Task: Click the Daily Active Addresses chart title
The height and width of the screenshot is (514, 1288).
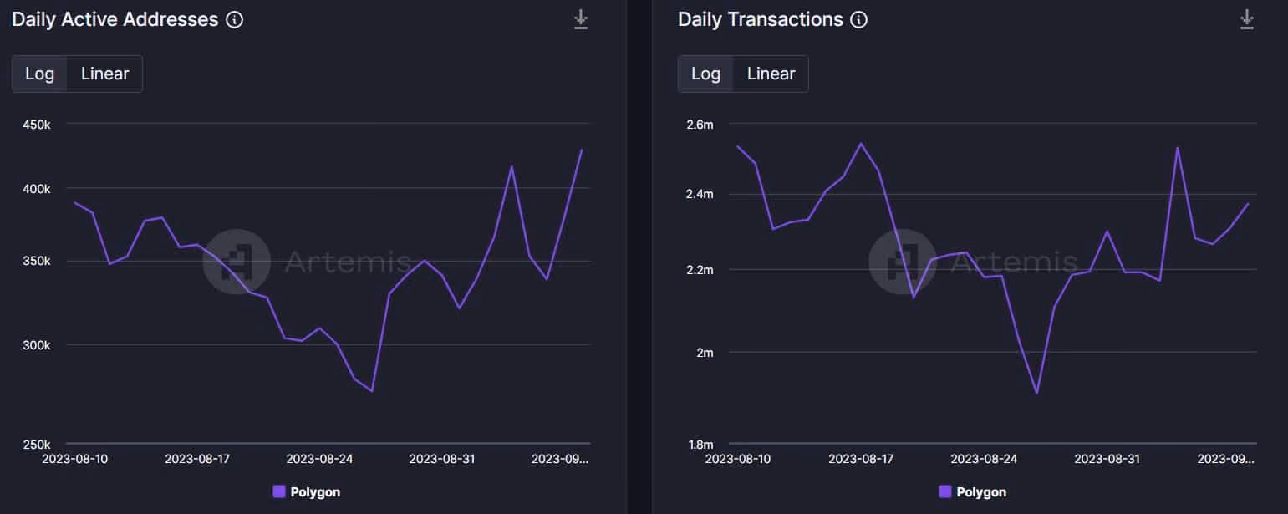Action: click(115, 19)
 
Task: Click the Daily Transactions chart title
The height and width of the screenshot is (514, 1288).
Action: click(760, 19)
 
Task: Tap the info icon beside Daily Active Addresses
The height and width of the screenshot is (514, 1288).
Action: click(234, 20)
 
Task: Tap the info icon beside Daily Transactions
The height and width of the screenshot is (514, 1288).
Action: click(858, 20)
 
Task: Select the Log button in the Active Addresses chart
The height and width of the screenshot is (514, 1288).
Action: click(39, 74)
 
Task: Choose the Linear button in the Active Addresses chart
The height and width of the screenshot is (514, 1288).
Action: click(104, 74)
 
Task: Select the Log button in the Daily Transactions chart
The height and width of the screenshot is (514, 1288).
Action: click(705, 74)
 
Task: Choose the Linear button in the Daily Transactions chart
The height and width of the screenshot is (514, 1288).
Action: click(771, 74)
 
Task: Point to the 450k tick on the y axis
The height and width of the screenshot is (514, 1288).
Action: click(37, 125)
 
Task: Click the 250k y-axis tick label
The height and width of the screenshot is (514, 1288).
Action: click(37, 445)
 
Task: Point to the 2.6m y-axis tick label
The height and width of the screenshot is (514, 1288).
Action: click(700, 125)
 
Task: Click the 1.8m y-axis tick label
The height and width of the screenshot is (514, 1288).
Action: click(700, 445)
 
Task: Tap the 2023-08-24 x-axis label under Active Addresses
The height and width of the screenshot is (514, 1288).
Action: click(319, 460)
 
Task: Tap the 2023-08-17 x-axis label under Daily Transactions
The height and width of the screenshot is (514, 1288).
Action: click(861, 460)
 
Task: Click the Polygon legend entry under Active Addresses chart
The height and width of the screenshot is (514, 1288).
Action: click(307, 492)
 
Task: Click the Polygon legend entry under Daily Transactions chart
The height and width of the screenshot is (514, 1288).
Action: click(972, 492)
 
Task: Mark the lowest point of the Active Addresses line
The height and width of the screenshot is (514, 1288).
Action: click(372, 391)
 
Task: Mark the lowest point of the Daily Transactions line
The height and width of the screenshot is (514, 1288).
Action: click(1036, 394)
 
